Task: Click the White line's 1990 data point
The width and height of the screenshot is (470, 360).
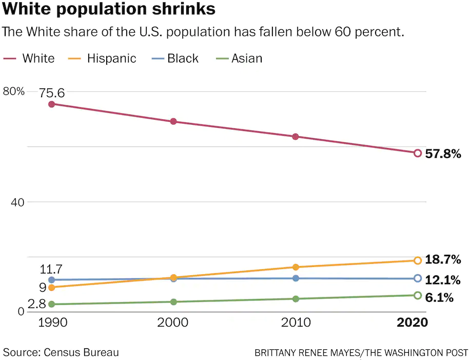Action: [51, 104]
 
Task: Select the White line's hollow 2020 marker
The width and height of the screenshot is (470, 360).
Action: [418, 153]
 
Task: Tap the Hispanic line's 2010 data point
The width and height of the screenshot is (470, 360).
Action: [296, 267]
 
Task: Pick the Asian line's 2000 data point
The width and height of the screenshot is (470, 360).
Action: [173, 302]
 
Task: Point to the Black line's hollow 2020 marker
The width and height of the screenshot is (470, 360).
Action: [418, 278]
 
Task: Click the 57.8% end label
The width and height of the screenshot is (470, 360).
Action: [443, 154]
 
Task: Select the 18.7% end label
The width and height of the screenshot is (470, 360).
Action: [443, 260]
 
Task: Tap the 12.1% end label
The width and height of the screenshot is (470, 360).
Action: [443, 280]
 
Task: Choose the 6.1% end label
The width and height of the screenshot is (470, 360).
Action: [439, 297]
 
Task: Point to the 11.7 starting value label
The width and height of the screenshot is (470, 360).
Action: [51, 269]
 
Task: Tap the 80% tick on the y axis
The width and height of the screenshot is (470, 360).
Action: [14, 91]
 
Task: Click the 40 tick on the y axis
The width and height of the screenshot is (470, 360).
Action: [18, 202]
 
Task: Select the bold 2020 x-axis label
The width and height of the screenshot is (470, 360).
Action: [413, 323]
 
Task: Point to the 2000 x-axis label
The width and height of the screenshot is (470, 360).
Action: [173, 323]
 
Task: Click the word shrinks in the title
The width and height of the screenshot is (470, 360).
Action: [181, 9]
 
